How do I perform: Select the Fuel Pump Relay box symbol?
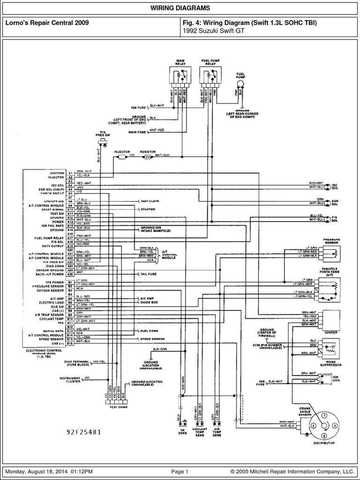click(x=210, y=75)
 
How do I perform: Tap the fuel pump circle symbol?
click(x=240, y=83)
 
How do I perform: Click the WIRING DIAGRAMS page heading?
click(x=180, y=8)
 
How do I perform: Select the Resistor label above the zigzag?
click(x=148, y=152)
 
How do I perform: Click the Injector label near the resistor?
click(x=121, y=152)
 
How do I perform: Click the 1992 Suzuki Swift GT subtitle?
click(x=205, y=30)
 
